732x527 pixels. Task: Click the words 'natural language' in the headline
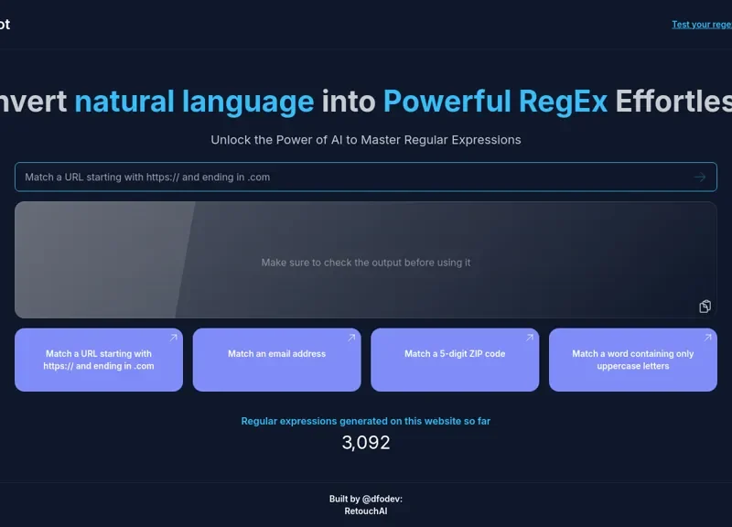194,101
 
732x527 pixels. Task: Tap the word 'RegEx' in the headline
563,101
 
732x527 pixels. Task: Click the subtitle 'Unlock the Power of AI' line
366,140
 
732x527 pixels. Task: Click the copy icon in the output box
705,307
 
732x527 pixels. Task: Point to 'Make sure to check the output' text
366,263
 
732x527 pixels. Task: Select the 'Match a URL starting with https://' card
99,360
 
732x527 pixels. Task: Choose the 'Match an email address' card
276,360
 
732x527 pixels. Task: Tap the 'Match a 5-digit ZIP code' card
455,360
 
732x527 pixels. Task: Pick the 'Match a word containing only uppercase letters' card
633,360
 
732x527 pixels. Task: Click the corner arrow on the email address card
351,339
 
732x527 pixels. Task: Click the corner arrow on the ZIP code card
529,339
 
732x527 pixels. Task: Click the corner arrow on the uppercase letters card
707,339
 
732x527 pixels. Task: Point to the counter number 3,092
366,443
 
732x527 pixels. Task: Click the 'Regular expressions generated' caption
366,421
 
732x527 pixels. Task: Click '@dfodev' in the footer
382,499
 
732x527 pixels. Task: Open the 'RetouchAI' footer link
366,511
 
